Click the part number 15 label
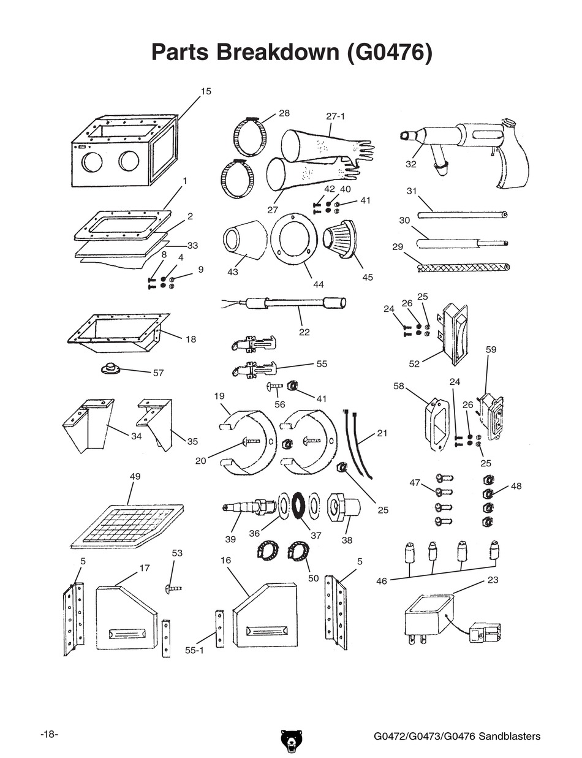[206, 91]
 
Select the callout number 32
[410, 164]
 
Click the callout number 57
[159, 373]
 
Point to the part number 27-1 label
[336, 116]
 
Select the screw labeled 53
[173, 588]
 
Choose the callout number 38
[347, 540]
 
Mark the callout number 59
[491, 350]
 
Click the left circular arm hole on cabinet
[93, 162]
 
